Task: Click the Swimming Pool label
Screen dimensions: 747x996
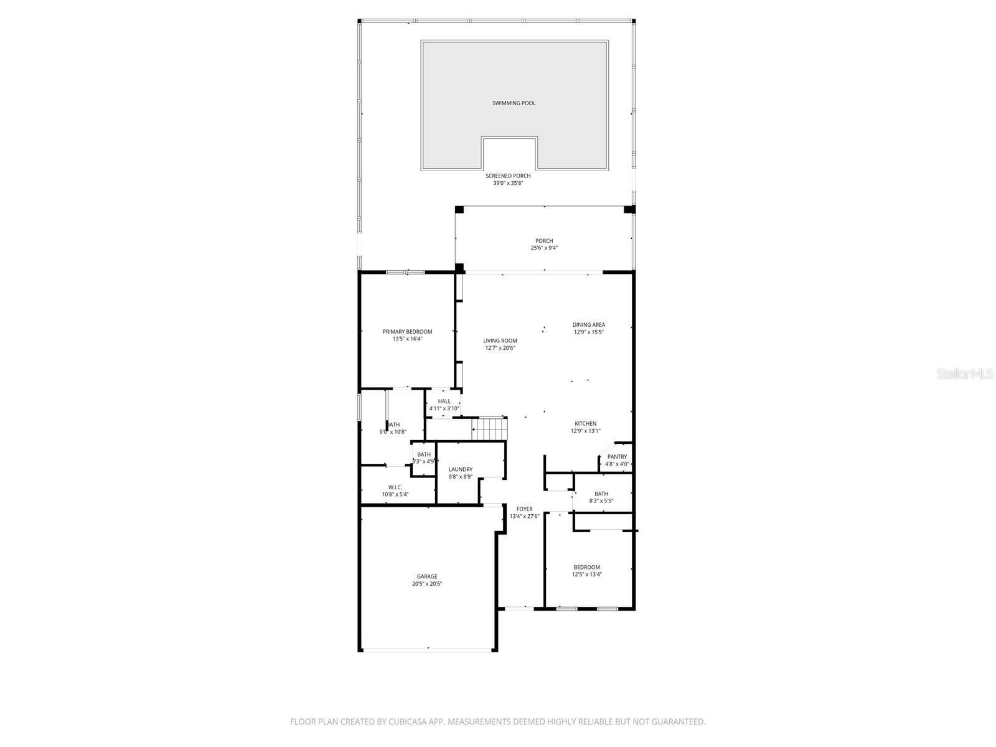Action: (514, 103)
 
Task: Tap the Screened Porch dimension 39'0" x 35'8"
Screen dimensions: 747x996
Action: (508, 184)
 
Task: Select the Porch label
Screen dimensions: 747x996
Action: (543, 241)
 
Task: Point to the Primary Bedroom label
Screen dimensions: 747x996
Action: (407, 332)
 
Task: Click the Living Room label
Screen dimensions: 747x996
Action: (500, 341)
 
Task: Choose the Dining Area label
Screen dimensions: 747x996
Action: (588, 324)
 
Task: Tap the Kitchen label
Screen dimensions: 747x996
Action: (585, 424)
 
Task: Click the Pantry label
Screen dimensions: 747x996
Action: (617, 457)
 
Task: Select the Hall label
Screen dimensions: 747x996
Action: (444, 402)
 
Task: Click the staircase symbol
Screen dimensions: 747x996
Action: (489, 429)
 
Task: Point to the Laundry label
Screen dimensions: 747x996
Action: (460, 469)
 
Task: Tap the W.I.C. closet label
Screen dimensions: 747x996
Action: (395, 487)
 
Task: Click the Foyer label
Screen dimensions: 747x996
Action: (524, 509)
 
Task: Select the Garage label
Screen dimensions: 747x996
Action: (427, 576)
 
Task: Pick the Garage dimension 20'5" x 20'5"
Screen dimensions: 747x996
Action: (427, 584)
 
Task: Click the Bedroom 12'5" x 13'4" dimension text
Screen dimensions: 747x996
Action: (586, 575)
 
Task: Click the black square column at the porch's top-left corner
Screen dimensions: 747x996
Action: (459, 210)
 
